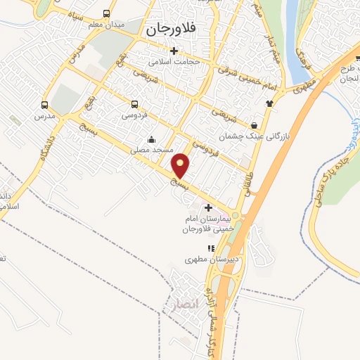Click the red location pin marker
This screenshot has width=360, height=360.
181,165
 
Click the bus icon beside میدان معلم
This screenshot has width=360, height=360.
106,14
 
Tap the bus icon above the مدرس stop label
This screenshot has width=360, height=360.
45,105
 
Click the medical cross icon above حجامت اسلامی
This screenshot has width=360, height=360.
174,51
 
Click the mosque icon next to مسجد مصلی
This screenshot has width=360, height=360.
150,139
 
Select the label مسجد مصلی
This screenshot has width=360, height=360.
149,151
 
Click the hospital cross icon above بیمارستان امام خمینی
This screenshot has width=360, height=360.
207,208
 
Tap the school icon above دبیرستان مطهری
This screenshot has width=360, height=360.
210,248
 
